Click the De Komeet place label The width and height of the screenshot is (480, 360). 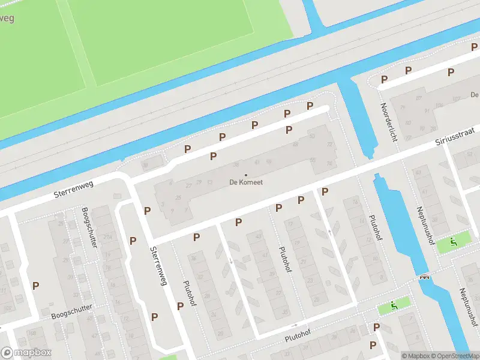pyautogui.click(x=246, y=182)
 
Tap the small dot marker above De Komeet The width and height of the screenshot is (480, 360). pyautogui.click(x=245, y=175)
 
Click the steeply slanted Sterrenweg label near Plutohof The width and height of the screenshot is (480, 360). pyautogui.click(x=158, y=266)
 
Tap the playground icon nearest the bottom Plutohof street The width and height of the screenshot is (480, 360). pyautogui.click(x=394, y=305)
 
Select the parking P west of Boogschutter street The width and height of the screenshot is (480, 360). pyautogui.click(x=35, y=286)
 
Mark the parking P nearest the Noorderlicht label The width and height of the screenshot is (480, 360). pyautogui.click(x=385, y=79)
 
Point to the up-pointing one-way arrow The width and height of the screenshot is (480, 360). pyautogui.click(x=329, y=232)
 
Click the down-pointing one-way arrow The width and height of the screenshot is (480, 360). pyautogui.click(x=232, y=260)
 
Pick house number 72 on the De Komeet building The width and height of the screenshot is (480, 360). pyautogui.click(x=329, y=145)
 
